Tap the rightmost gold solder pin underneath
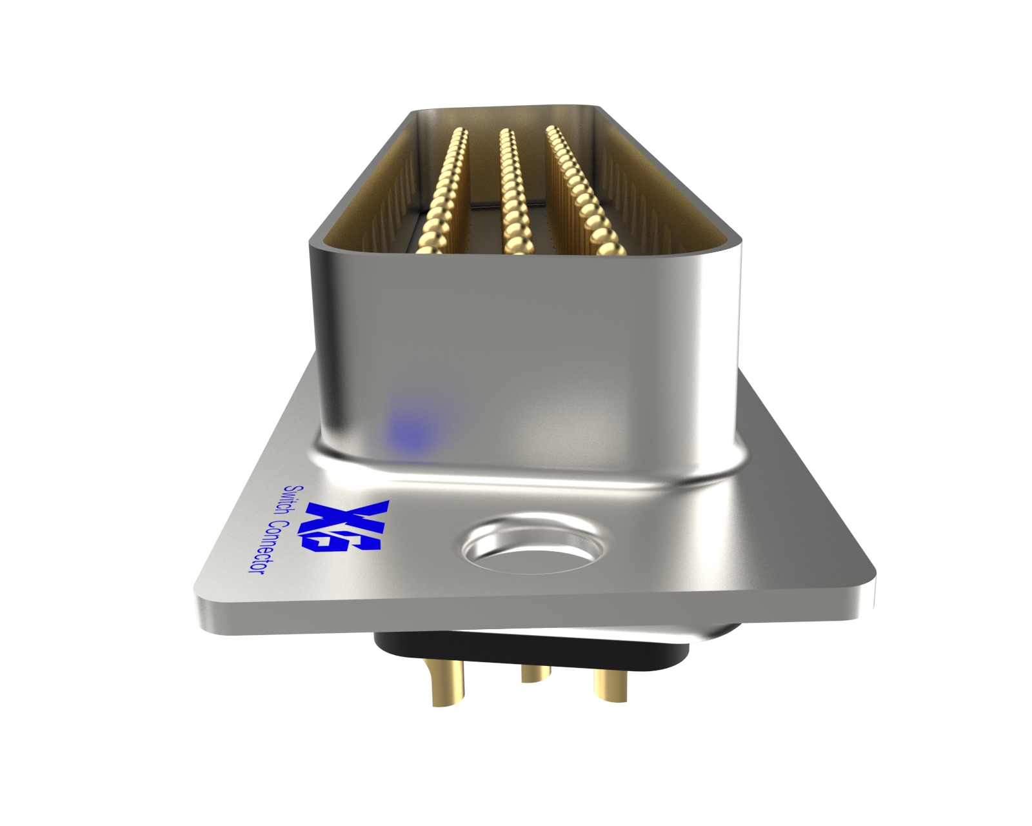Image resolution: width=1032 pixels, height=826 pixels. point(610,684)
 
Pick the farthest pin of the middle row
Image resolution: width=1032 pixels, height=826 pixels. point(506,134)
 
